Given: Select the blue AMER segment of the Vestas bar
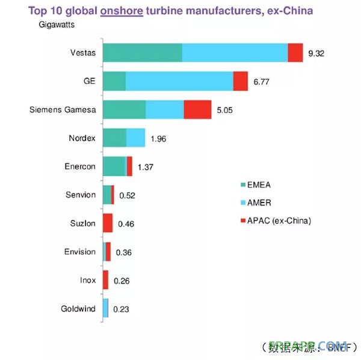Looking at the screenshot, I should coord(235,53).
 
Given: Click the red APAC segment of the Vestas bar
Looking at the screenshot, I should coord(295,53).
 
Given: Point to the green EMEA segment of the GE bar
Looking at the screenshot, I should coord(114,81).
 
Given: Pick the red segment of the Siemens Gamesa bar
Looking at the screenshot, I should coord(197,109).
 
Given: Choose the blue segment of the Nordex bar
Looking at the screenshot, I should coord(136,138).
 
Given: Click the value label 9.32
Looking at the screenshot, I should coord(316,53).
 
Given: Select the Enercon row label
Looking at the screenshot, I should coord(80,166).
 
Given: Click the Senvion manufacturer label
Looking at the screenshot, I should coord(81,194).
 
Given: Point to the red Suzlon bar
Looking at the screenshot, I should coord(108,223).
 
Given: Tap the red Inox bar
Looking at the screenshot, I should coord(106,280).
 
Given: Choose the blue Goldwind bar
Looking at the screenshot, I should coord(106,308).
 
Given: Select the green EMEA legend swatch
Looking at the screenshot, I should coord(243,185).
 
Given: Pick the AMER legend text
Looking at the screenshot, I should coord(259,203).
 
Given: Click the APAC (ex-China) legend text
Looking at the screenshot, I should coord(279,221).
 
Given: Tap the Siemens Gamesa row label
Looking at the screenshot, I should coord(63,109).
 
